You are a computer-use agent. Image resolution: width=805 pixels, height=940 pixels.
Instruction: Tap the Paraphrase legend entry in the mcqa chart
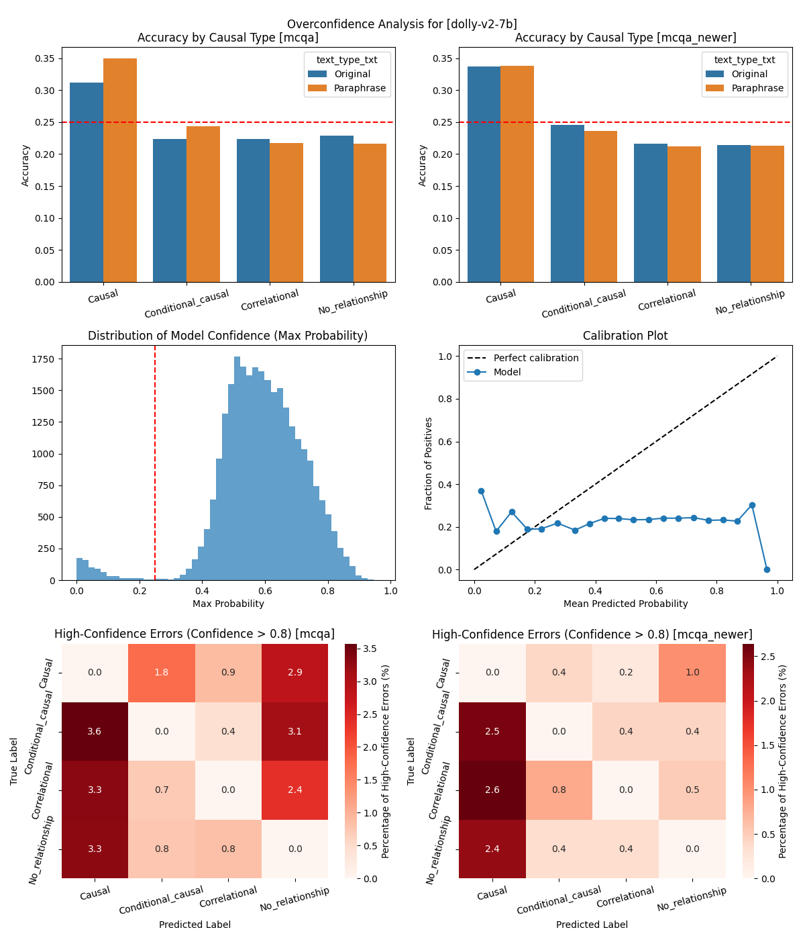360,88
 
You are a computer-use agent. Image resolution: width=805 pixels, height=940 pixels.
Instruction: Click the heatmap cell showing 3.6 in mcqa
95,731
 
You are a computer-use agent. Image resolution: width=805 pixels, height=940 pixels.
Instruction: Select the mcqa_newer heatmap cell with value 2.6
492,790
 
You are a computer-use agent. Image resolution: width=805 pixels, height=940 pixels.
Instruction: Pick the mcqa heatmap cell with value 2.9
294,673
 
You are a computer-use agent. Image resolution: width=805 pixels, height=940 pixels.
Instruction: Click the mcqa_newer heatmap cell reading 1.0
692,673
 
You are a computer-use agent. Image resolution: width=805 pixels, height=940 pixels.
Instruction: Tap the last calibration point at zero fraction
767,569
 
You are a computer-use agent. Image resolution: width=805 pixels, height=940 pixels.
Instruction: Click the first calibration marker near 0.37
481,491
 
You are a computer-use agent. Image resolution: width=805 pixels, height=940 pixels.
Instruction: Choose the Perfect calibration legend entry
535,358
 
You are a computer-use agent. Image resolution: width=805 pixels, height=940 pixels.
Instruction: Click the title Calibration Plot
625,336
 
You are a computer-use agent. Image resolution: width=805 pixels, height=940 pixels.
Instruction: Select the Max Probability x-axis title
228,604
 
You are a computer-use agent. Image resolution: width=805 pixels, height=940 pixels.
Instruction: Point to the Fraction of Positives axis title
429,463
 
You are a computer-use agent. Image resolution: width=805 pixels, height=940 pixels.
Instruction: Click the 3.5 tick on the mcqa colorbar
370,649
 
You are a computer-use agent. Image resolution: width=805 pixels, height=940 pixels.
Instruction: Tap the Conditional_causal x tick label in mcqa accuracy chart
186,304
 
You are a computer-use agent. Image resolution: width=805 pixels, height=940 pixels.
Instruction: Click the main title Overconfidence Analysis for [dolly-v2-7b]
402,25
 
